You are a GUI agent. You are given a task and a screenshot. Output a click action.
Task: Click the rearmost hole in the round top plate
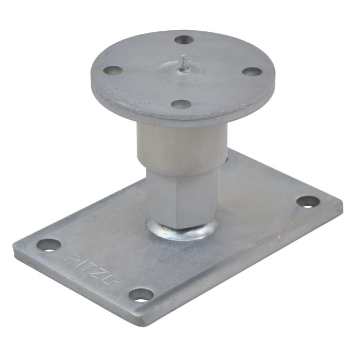(184, 39)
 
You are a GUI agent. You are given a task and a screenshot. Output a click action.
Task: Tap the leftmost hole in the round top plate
(113, 70)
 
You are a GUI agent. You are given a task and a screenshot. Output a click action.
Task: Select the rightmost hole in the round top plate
(252, 71)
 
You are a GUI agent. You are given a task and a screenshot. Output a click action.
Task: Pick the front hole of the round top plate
(181, 104)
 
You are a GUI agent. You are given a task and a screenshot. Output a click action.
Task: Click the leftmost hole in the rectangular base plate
(49, 244)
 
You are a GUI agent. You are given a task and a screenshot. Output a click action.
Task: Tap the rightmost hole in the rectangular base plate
(308, 201)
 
